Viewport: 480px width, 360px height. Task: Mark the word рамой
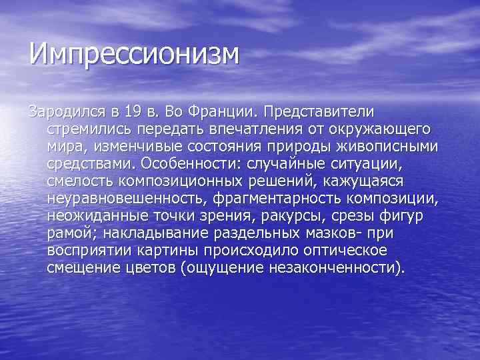pos(69,235)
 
